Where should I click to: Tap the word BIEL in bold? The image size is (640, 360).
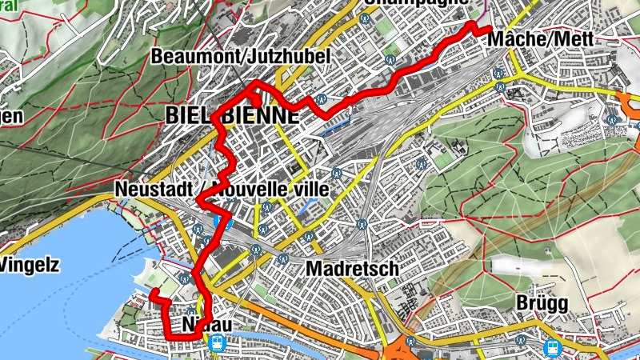pos(191,115)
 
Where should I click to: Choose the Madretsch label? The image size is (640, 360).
pos(351,268)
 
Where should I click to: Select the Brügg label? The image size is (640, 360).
pos(542,304)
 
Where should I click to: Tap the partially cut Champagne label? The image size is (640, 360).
pos(416,3)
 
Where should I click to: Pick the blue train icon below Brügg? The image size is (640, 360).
pos(553,347)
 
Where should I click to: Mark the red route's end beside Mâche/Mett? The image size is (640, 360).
pos(488,30)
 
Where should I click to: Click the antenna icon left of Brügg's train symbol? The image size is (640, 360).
pos(522,342)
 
